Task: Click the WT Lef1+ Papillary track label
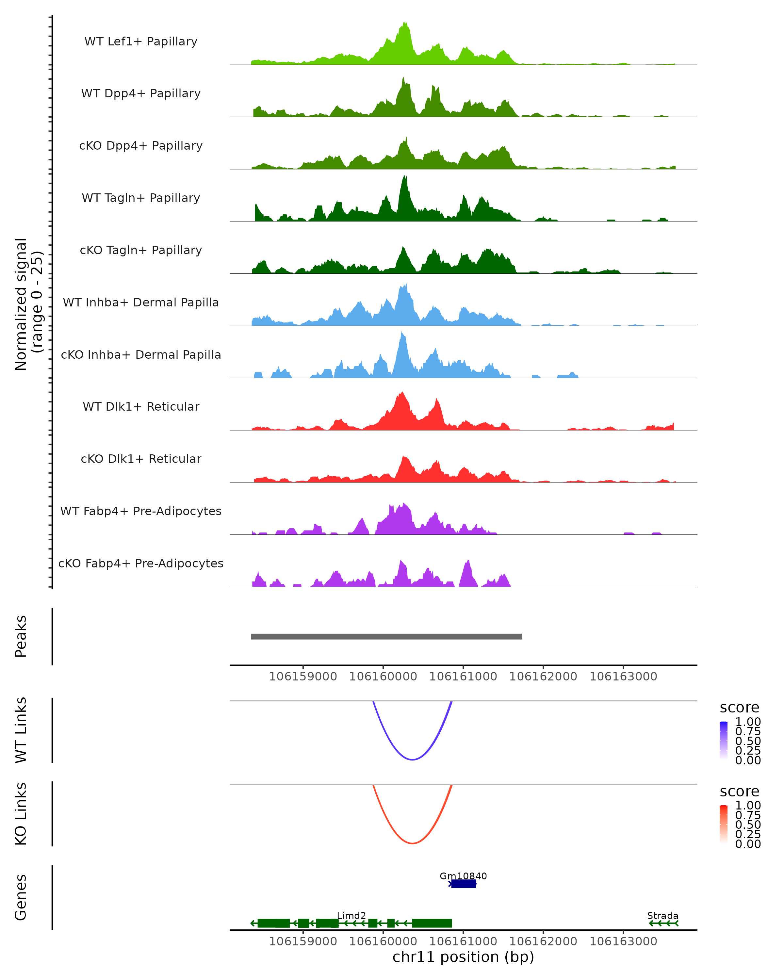click(141, 41)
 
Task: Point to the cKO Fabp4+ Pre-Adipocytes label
click(141, 563)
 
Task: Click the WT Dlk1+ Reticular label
click(141, 406)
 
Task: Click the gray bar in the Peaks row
click(386, 636)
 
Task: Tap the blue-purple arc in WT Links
click(412, 759)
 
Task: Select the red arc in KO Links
click(412, 843)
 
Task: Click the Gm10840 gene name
click(463, 876)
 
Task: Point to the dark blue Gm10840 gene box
click(464, 884)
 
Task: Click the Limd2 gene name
click(351, 915)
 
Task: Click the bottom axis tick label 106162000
click(543, 941)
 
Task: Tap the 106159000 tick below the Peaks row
click(303, 677)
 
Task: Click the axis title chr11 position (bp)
click(463, 957)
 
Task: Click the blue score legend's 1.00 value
click(748, 722)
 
